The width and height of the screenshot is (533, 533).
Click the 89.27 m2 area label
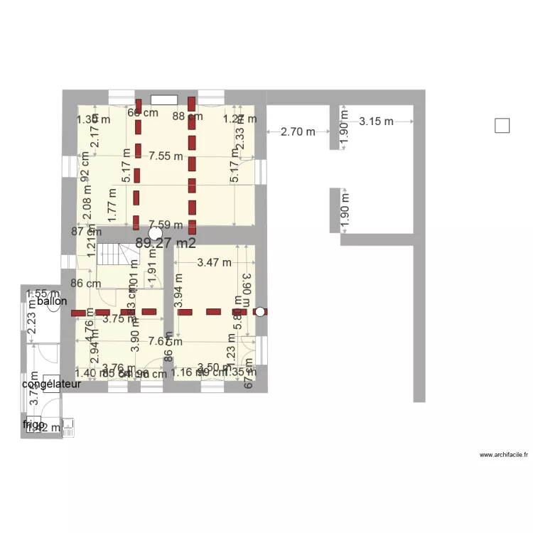165,243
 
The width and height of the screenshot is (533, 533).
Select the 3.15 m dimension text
376,122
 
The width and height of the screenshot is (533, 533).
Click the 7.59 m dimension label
166,226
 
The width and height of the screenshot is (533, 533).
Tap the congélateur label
52,384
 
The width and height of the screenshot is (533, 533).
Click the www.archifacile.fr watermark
503,455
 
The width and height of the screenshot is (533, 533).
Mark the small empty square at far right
502,126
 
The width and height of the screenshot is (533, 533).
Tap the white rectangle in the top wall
163,99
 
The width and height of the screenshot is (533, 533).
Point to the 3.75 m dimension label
117,320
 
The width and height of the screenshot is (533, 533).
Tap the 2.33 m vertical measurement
240,138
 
